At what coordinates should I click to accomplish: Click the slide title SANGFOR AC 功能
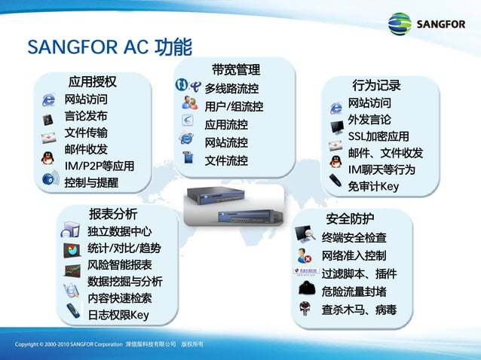tap(109, 47)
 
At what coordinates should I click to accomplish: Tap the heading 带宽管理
tap(235, 70)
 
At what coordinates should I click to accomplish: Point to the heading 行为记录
tap(376, 85)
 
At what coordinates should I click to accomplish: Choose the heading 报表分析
tap(113, 212)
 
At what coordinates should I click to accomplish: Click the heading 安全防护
tap(350, 219)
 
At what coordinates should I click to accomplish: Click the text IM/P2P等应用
tap(100, 166)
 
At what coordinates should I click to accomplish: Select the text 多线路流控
tap(231, 89)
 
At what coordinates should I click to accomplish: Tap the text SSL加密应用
tap(378, 136)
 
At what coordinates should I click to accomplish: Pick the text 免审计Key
tap(373, 187)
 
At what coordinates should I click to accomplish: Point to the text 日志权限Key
tap(118, 315)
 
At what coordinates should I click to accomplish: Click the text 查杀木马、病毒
tap(359, 310)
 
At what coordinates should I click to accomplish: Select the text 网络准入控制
tap(354, 255)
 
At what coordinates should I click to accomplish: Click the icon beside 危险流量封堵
tap(306, 290)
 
